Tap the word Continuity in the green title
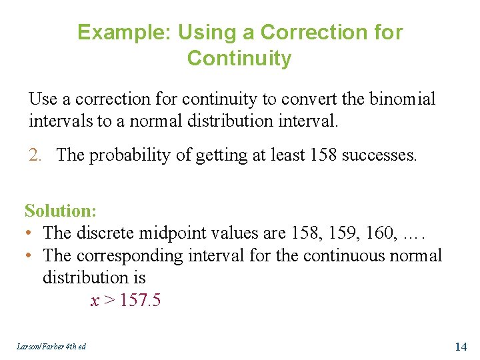pyautogui.click(x=239, y=59)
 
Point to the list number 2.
pyautogui.click(x=37, y=155)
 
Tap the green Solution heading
pyautogui.click(x=61, y=211)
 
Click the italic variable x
pyautogui.click(x=95, y=301)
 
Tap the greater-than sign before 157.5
pyautogui.click(x=108, y=301)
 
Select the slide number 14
pyautogui.click(x=460, y=346)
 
